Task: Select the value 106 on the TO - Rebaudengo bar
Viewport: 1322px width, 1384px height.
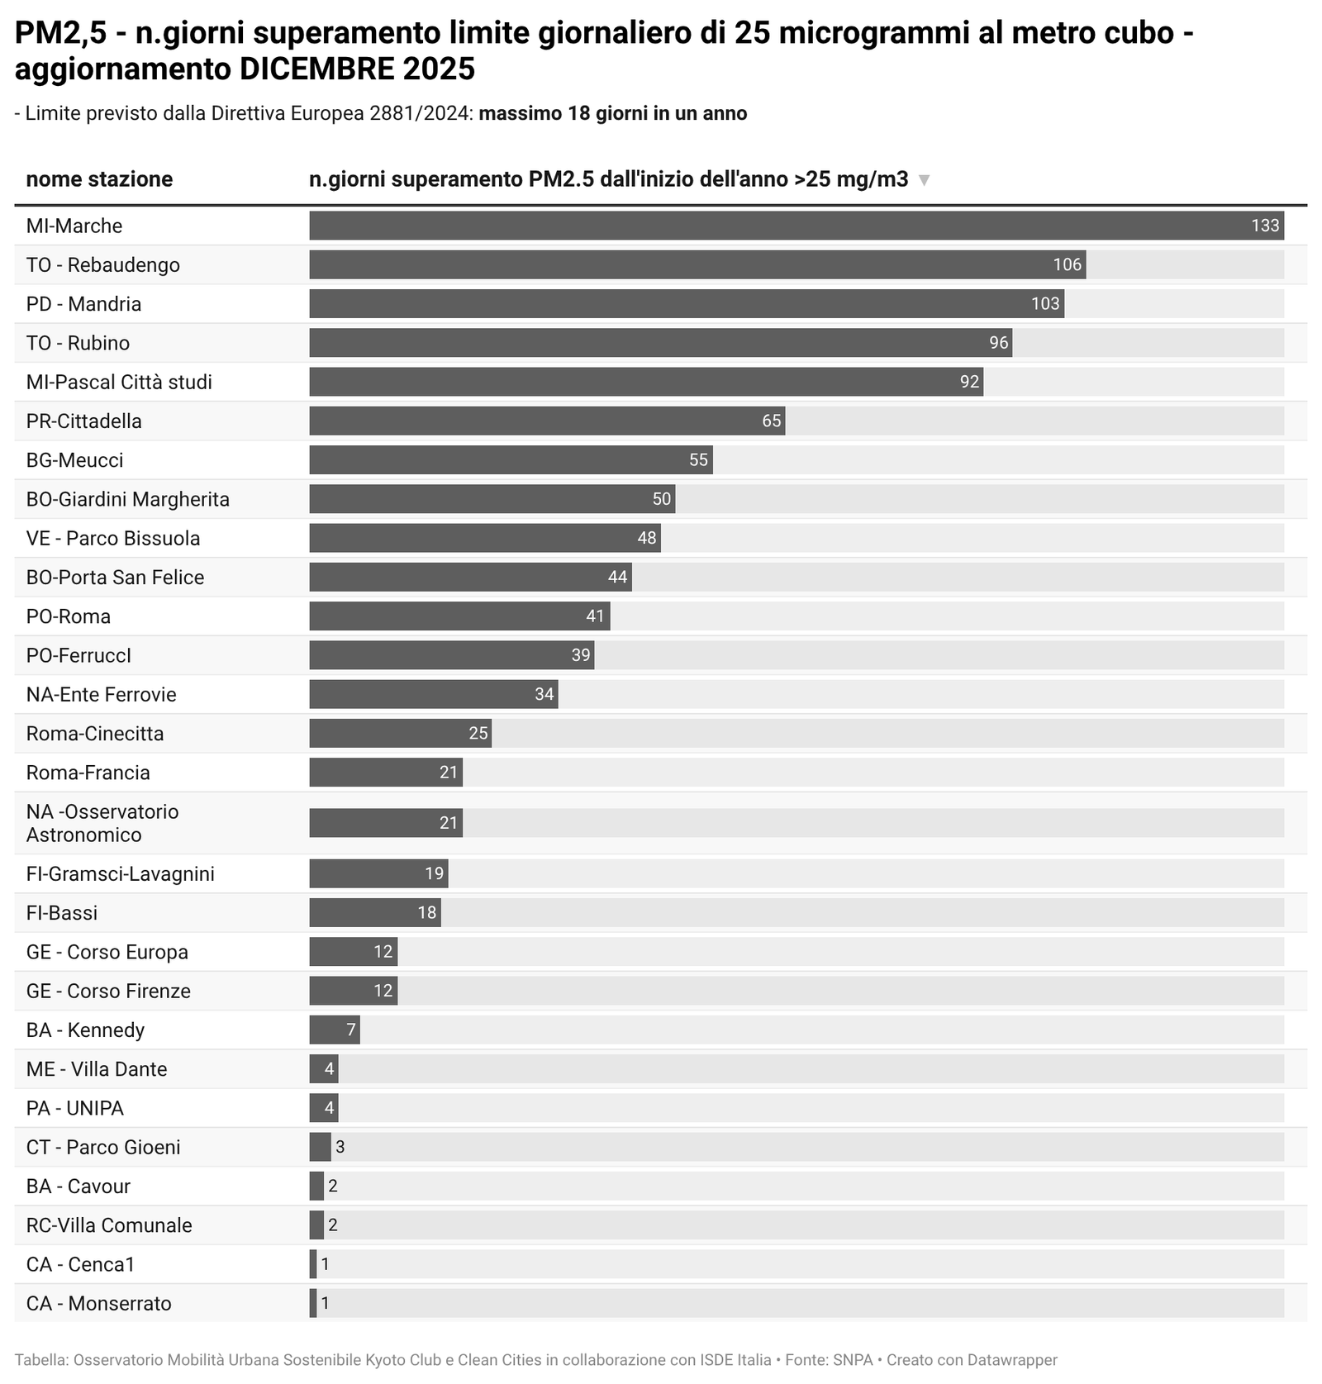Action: [1067, 264]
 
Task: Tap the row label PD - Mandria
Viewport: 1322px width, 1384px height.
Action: [83, 304]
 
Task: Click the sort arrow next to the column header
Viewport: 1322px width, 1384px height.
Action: [925, 180]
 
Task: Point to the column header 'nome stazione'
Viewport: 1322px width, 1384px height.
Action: [99, 179]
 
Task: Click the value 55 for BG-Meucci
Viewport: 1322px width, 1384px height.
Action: [698, 460]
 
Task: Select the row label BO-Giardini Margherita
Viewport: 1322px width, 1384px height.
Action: [127, 499]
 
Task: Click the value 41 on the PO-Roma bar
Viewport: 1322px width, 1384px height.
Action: [595, 616]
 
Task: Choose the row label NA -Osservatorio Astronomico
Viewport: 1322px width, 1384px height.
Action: [102, 823]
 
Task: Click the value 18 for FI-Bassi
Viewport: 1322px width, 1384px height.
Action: [426, 913]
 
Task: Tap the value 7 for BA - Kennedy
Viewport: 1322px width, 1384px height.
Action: [350, 1030]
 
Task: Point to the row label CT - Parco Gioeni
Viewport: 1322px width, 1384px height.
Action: [103, 1147]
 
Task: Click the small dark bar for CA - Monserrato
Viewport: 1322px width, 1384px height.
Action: [313, 1303]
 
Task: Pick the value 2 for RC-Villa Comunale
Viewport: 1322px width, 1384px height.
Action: [333, 1225]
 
